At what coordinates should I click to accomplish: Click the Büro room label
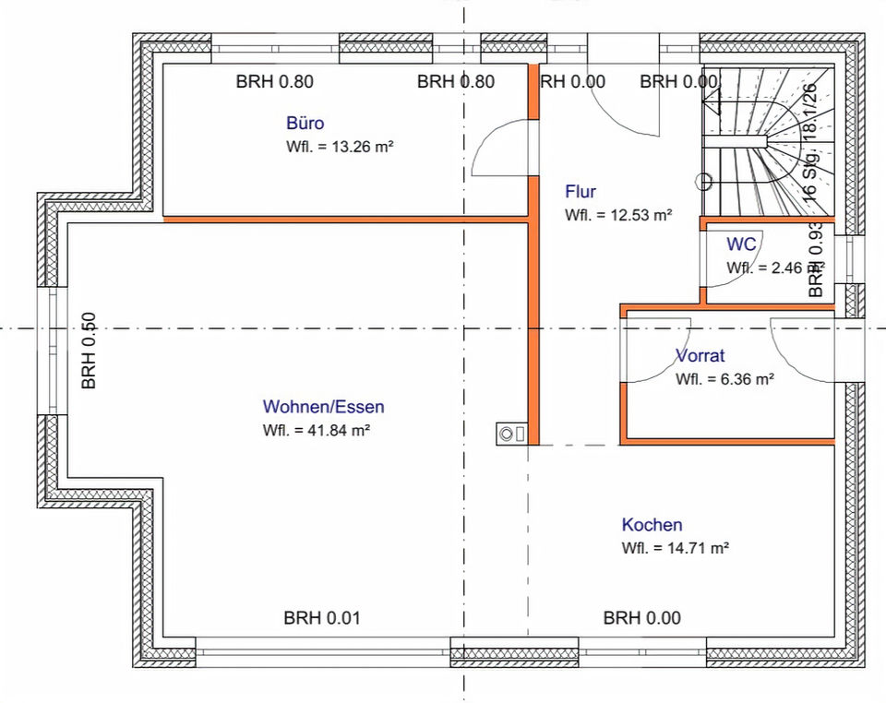305,123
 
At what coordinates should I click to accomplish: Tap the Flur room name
581,192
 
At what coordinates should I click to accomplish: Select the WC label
742,244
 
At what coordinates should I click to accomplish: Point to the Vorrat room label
700,355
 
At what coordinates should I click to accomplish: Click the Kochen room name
652,525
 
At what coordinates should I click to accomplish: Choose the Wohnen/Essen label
323,407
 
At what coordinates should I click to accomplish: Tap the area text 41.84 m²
317,430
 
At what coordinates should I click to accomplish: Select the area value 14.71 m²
676,548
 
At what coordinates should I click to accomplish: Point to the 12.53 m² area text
618,215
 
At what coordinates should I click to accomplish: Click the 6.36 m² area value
724,378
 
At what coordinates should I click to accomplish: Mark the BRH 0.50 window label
90,351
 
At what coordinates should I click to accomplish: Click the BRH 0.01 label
321,618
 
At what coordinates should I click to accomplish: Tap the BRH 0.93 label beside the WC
816,259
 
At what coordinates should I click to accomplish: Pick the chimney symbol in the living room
510,432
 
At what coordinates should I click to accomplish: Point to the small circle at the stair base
703,181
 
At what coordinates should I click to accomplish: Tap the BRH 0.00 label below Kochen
641,618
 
